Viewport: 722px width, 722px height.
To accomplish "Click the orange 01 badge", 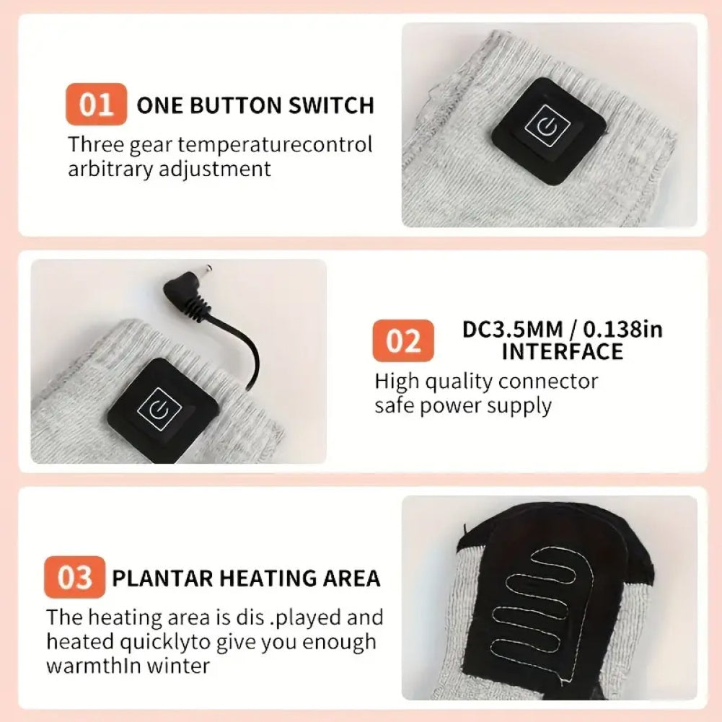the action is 96,104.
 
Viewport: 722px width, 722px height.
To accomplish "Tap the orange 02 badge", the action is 403,340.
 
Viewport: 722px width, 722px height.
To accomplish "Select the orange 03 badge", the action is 74,577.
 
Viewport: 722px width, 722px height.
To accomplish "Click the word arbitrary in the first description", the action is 110,169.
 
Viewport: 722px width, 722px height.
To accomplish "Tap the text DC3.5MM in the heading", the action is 513,329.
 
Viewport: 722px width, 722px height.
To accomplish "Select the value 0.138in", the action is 623,329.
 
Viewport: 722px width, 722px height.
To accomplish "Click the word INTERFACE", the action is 562,351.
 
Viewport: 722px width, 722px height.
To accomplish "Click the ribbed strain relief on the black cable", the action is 192,305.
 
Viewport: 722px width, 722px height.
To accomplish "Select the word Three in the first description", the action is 96,144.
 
